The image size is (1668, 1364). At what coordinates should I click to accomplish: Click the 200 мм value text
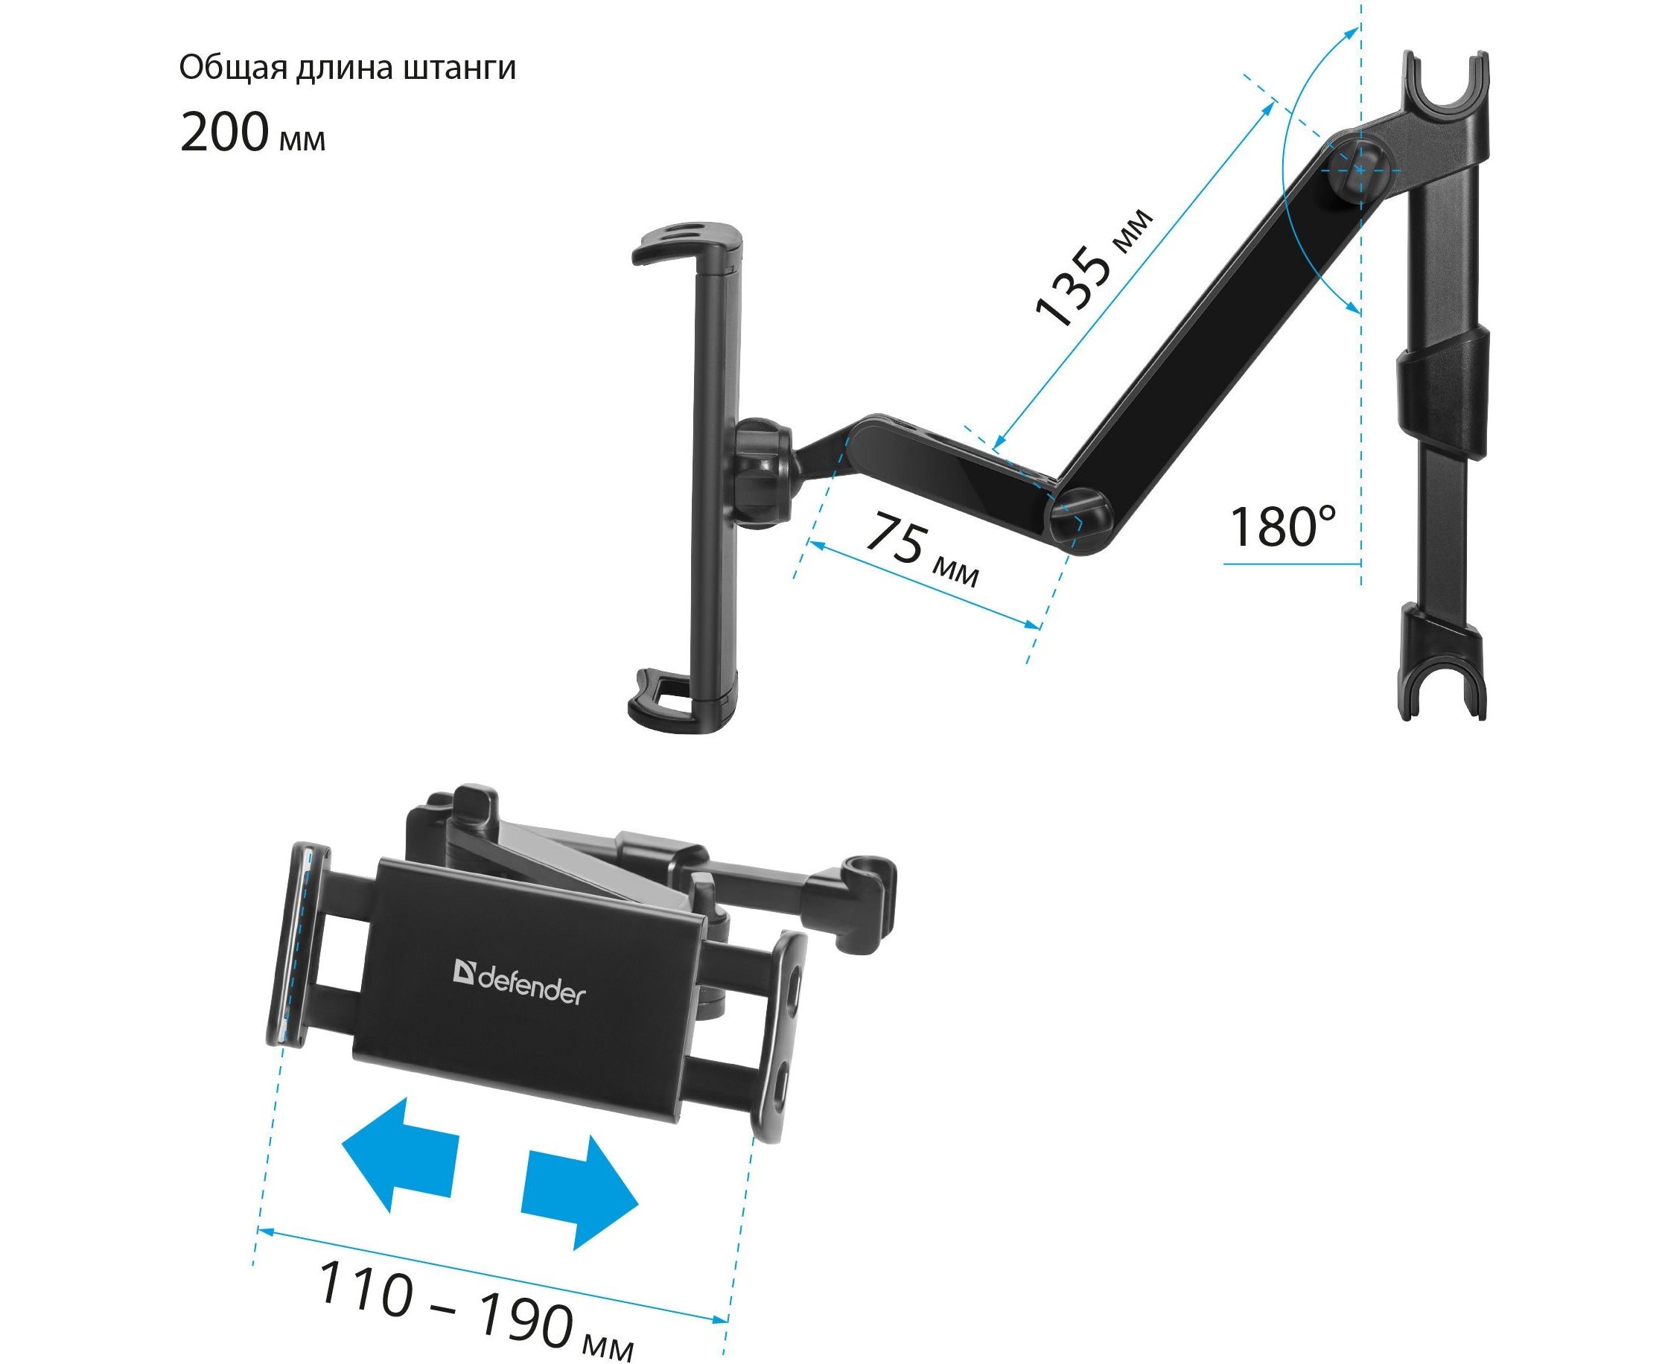[252, 131]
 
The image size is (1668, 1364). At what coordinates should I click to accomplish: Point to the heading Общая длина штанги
[347, 68]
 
